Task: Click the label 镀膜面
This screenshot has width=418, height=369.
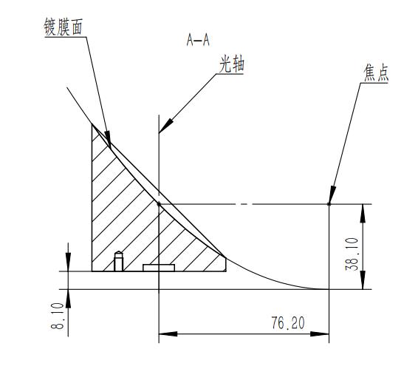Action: (x=64, y=27)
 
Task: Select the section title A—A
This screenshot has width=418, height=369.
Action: (x=198, y=41)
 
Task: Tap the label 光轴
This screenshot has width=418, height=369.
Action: (x=232, y=64)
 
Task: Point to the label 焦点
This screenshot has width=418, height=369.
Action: (x=376, y=73)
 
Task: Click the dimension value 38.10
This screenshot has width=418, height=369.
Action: (x=352, y=254)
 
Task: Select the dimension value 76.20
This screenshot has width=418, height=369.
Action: (x=288, y=323)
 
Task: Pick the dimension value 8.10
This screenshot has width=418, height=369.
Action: (x=58, y=316)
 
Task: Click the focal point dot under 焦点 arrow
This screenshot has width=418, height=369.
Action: (x=329, y=204)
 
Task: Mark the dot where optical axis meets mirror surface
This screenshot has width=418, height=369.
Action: (x=159, y=204)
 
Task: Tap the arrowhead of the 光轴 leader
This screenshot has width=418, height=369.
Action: (x=165, y=126)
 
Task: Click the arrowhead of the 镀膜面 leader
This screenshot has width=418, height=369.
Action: (x=109, y=139)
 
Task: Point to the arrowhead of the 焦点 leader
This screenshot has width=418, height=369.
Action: (x=332, y=195)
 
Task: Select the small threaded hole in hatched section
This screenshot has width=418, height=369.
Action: (x=119, y=261)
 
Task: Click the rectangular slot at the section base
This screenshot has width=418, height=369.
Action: (x=159, y=268)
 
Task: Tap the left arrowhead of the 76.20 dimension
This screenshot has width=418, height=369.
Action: (x=168, y=334)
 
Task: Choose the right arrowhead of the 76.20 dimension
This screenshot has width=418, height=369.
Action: (x=320, y=334)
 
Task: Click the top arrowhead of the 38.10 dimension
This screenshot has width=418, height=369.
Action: (x=363, y=214)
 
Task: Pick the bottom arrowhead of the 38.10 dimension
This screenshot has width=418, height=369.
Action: (x=363, y=280)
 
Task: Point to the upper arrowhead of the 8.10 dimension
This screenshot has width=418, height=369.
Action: (x=68, y=262)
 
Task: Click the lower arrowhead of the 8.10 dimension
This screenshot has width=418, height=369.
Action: (x=68, y=299)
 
